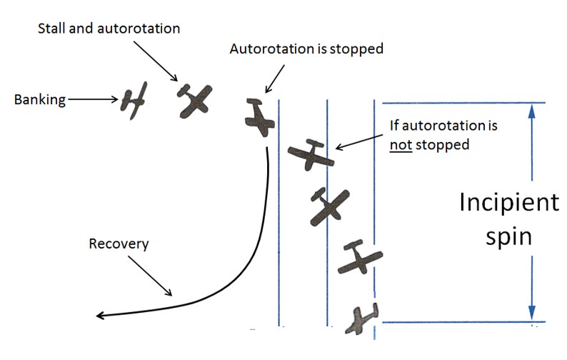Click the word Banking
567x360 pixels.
39,100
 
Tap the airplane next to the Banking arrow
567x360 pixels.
134,101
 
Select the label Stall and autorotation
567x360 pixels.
109,29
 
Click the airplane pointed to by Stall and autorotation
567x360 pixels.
195,100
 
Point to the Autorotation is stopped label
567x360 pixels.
306,50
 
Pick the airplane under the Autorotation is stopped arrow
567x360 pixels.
259,118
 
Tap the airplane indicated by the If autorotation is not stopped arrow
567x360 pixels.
310,154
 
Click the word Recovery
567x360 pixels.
119,244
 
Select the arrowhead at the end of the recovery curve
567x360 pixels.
101,316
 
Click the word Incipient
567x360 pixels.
508,203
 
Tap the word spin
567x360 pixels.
508,236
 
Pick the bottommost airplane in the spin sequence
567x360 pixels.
361,319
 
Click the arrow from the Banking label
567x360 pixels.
93,100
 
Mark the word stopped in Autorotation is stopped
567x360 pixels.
358,50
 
